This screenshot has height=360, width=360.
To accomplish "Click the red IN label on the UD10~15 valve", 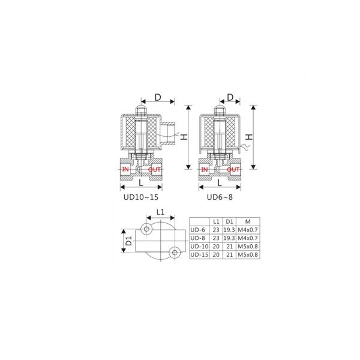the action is [125, 169].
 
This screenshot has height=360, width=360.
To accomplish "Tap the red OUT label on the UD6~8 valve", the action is [233, 170].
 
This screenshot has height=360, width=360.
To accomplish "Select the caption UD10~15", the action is [141, 197].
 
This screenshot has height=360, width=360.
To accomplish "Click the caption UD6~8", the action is [220, 197].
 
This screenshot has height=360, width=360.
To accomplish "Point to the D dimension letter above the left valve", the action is [158, 98].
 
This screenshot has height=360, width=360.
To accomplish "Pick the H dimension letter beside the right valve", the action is [249, 137].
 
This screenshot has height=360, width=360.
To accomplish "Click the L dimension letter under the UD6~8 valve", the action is [220, 183].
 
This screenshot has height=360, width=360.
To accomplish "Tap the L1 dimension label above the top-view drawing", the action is [160, 212].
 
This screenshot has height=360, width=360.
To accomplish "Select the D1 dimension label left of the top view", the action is [129, 241].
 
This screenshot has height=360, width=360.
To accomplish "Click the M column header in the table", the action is [248, 221].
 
